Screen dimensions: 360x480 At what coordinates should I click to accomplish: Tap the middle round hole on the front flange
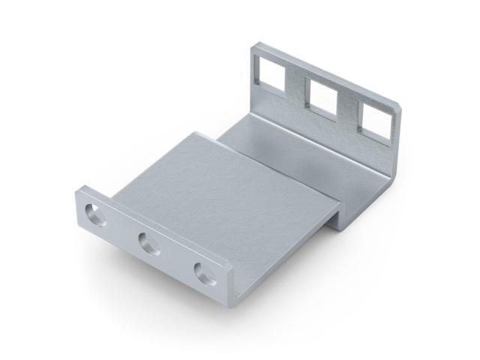point(149,244)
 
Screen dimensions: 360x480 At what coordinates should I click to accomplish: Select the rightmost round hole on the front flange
point(205,274)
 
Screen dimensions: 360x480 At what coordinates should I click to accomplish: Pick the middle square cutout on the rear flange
point(322,97)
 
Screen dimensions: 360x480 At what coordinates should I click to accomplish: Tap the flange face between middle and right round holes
point(177,259)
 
